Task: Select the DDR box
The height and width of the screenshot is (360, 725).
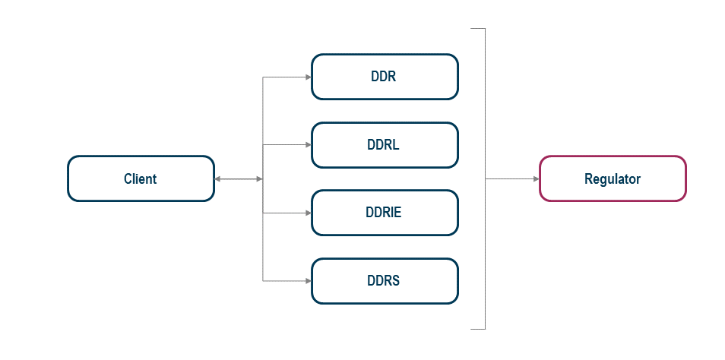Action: [x=385, y=77]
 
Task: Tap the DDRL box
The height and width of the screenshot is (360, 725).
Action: [x=385, y=145]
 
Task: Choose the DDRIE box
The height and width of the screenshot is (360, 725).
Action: [x=385, y=213]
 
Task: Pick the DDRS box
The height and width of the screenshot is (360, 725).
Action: [x=385, y=281]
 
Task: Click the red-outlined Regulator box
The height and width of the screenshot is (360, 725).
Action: [x=613, y=178]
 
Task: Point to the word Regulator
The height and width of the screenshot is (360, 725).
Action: [x=613, y=179]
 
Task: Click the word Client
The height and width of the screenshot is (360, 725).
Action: [x=140, y=179]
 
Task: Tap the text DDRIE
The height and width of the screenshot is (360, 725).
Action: [x=383, y=213]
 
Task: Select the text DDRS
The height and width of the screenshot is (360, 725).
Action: [x=383, y=281]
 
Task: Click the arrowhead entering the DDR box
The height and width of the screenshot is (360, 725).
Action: [x=308, y=77]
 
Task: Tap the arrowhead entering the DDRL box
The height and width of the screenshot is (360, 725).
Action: [x=308, y=145]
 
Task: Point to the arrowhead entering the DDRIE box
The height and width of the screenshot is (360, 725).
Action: [x=308, y=213]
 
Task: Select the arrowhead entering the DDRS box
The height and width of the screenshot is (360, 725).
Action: [x=308, y=281]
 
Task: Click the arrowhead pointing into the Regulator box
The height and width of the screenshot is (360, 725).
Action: [x=535, y=178]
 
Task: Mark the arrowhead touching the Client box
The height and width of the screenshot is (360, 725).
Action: [x=219, y=178]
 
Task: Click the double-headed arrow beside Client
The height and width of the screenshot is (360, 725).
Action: [x=239, y=178]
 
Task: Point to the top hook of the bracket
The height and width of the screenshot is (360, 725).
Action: [x=478, y=29]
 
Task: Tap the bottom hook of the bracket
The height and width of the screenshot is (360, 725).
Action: [x=478, y=329]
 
